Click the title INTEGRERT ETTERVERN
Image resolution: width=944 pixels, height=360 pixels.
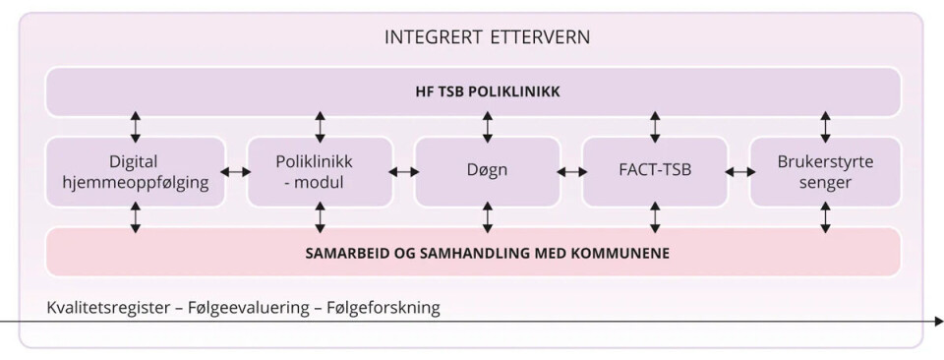click(488, 39)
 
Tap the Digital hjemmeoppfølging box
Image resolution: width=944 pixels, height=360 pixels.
click(136, 171)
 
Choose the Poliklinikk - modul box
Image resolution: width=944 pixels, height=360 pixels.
click(320, 171)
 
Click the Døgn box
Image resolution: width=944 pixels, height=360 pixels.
click(487, 171)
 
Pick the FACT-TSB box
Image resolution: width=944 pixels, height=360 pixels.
click(655, 171)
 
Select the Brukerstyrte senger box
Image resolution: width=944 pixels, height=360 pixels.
click(825, 171)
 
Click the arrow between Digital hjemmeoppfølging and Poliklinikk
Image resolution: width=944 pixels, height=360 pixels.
click(236, 172)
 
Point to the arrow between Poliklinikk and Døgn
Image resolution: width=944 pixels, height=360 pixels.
click(403, 172)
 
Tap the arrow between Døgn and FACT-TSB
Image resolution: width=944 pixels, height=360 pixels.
click(571, 172)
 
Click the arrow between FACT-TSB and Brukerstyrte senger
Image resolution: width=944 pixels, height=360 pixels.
click(739, 172)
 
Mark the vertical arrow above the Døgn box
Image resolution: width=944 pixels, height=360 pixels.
click(488, 127)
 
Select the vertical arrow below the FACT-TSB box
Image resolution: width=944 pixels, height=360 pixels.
click(656, 216)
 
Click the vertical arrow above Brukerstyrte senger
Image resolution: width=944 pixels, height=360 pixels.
click(825, 127)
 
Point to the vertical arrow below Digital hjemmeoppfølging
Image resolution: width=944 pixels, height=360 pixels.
click(136, 216)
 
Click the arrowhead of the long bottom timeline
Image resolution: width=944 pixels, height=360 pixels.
click(937, 321)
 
